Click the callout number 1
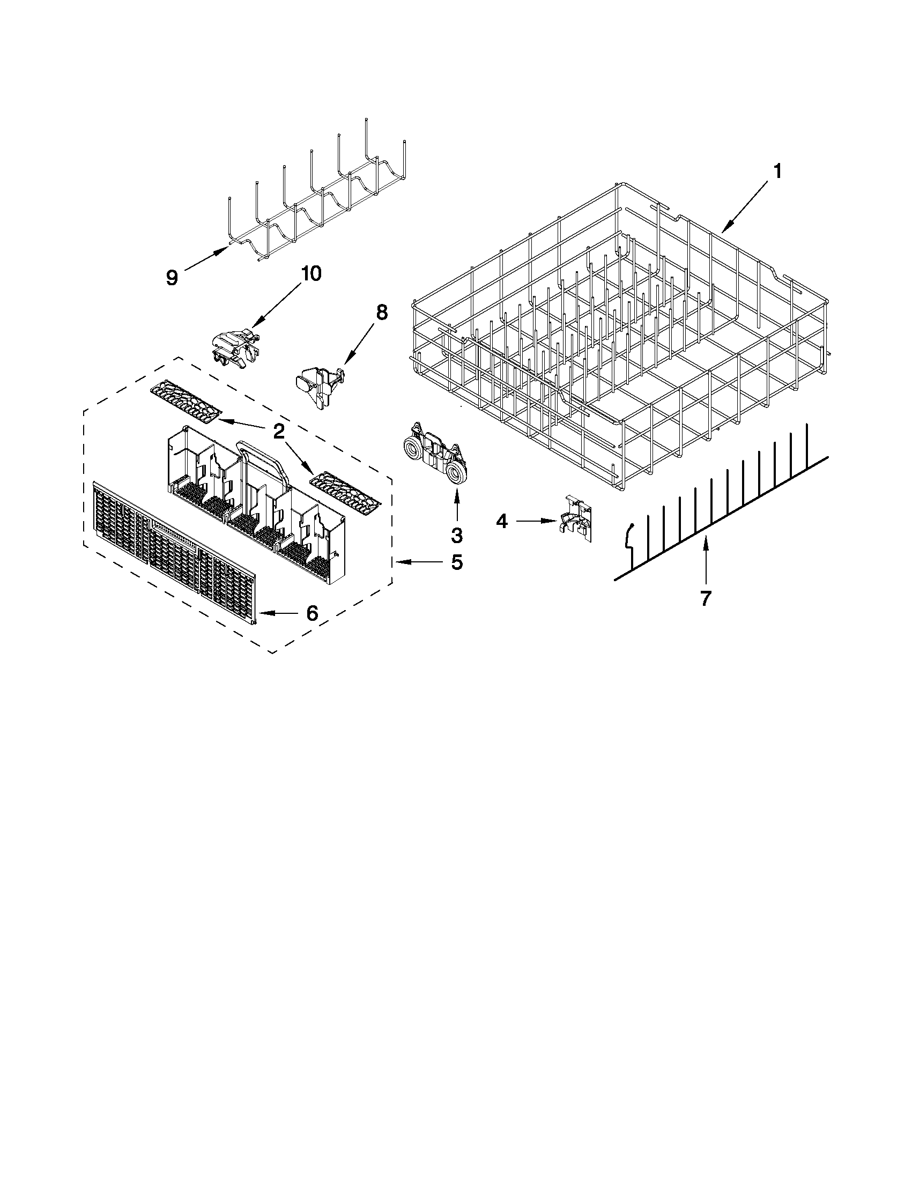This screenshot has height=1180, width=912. (777, 172)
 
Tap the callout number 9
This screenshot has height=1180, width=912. (172, 278)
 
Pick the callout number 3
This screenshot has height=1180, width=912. (457, 536)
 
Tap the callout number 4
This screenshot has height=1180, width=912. (502, 522)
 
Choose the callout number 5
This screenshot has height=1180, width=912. (457, 563)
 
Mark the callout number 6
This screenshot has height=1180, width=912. (312, 613)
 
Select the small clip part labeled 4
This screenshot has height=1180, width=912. (576, 517)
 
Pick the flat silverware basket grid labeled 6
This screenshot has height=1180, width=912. (173, 551)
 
